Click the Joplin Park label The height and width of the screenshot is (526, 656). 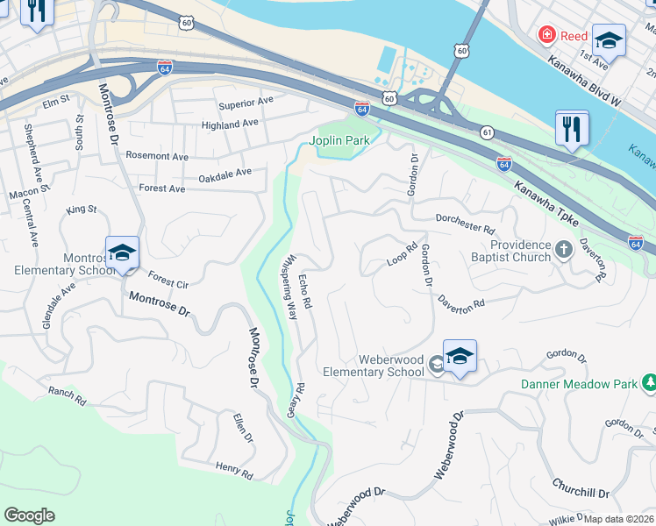[x=339, y=140]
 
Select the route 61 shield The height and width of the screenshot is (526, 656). [x=487, y=131]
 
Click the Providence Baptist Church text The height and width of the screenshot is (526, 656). [x=520, y=252]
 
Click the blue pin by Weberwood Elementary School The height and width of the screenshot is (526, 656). [x=460, y=356]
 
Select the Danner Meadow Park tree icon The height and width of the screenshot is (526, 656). [x=650, y=383]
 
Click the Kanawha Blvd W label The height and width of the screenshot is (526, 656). [x=582, y=83]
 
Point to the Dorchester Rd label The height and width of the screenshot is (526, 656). [x=466, y=224]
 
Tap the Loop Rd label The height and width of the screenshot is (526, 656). [x=400, y=260]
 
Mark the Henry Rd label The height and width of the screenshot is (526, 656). [x=234, y=471]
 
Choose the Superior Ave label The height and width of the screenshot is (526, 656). [x=246, y=103]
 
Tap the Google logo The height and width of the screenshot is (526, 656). [x=29, y=515]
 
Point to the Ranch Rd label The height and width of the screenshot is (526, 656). [x=68, y=396]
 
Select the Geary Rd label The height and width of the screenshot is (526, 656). [x=298, y=399]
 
